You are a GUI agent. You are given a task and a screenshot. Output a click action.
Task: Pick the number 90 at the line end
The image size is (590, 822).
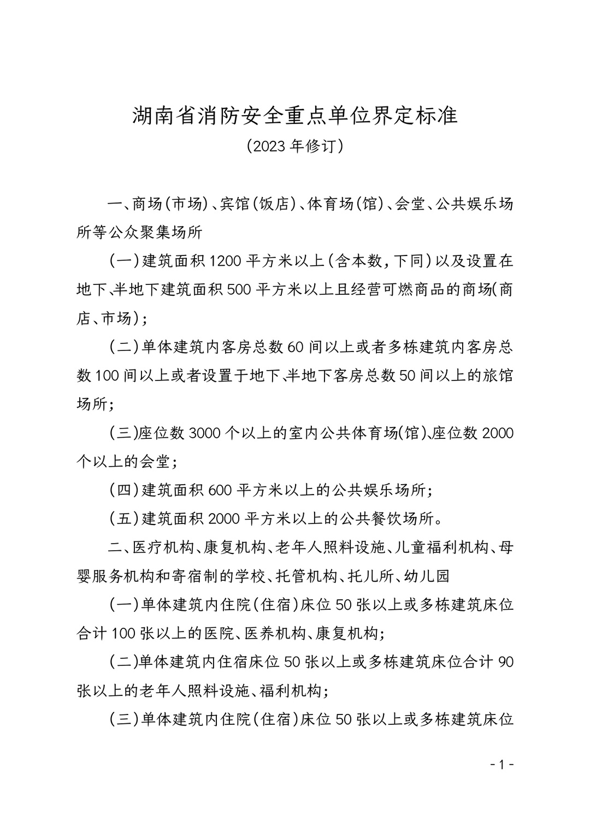tap(506, 662)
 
